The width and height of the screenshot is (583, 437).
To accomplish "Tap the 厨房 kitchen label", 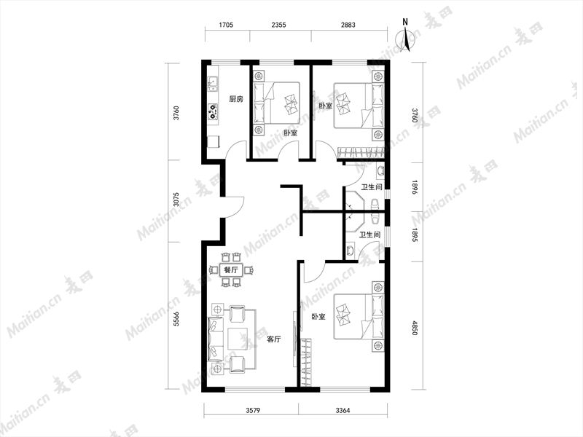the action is click(236, 99).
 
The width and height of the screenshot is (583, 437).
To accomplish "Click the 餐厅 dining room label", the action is click(231, 269).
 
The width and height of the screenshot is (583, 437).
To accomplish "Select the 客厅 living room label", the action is click(274, 339).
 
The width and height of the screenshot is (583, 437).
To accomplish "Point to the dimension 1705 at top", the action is click(226, 25).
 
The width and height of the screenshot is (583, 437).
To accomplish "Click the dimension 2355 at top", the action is click(278, 25).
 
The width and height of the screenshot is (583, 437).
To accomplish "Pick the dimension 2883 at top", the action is click(348, 25).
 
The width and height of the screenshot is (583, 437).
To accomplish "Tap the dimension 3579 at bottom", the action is click(253, 410).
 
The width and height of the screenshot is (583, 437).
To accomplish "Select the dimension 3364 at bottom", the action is click(343, 410).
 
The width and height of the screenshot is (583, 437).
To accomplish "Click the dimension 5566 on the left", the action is click(176, 319).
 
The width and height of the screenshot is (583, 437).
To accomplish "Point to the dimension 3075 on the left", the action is click(176, 199).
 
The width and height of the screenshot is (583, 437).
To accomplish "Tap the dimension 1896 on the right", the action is click(415, 188).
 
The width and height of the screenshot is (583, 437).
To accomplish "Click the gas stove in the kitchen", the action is click(213, 111).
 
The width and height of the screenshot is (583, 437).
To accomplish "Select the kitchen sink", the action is click(213, 83).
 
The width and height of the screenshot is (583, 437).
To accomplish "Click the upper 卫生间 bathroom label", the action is click(372, 187).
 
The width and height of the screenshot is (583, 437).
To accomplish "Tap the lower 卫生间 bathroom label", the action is click(369, 235).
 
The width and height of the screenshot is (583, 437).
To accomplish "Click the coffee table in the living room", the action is click(238, 339).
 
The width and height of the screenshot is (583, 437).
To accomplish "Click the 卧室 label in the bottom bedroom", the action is click(318, 317).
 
